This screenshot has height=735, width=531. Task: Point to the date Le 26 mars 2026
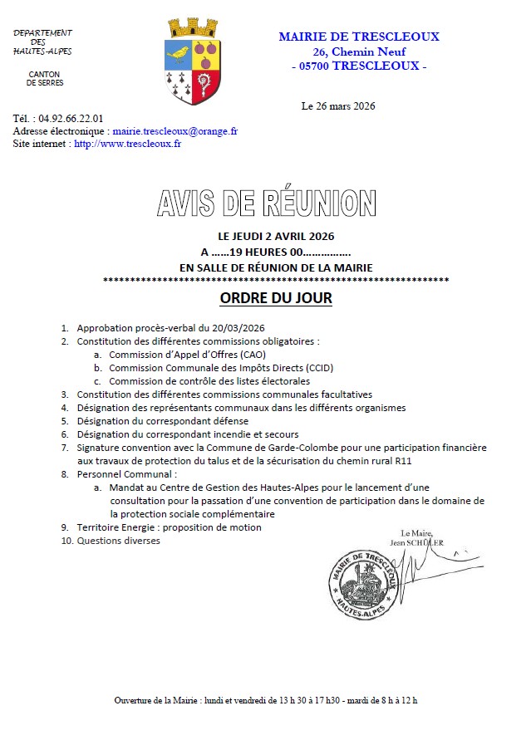pyautogui.click(x=338, y=106)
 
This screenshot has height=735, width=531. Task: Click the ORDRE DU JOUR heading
pyautogui.click(x=275, y=298)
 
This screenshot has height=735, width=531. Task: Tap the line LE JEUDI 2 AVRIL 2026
pyautogui.click(x=275, y=237)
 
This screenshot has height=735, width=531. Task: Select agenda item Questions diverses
pyautogui.click(x=118, y=541)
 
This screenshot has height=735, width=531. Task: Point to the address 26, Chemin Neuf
pyautogui.click(x=359, y=51)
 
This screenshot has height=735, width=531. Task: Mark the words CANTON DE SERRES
pyautogui.click(x=45, y=78)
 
